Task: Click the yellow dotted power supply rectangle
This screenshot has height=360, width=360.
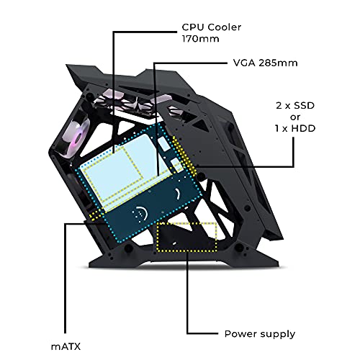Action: point(186,237)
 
